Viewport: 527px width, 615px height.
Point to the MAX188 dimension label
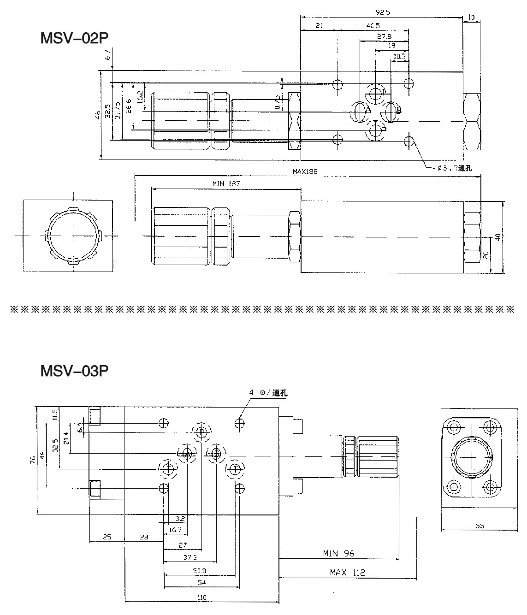305,171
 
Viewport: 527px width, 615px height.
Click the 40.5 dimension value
373,26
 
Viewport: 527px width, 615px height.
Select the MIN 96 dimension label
339,553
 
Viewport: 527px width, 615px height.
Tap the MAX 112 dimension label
347,573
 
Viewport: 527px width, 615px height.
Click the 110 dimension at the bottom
201,597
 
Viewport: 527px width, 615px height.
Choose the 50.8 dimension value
200,571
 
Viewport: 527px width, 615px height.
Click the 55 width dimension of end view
479,525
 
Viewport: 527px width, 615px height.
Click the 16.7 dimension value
175,530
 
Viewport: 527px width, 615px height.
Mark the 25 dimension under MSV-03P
107,537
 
